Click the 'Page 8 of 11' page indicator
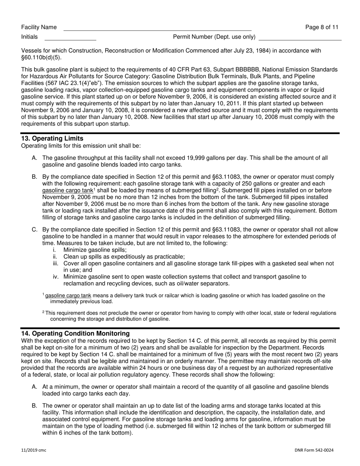322,27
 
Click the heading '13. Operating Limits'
52,139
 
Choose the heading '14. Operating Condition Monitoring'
75,333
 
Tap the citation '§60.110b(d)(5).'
41,58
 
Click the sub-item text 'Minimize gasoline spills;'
95,250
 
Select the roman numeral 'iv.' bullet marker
56,277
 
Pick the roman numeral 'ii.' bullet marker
55,257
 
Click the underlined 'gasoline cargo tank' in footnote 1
68,296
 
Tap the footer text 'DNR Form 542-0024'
314,450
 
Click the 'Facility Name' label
39,27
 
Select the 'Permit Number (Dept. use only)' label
214,37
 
